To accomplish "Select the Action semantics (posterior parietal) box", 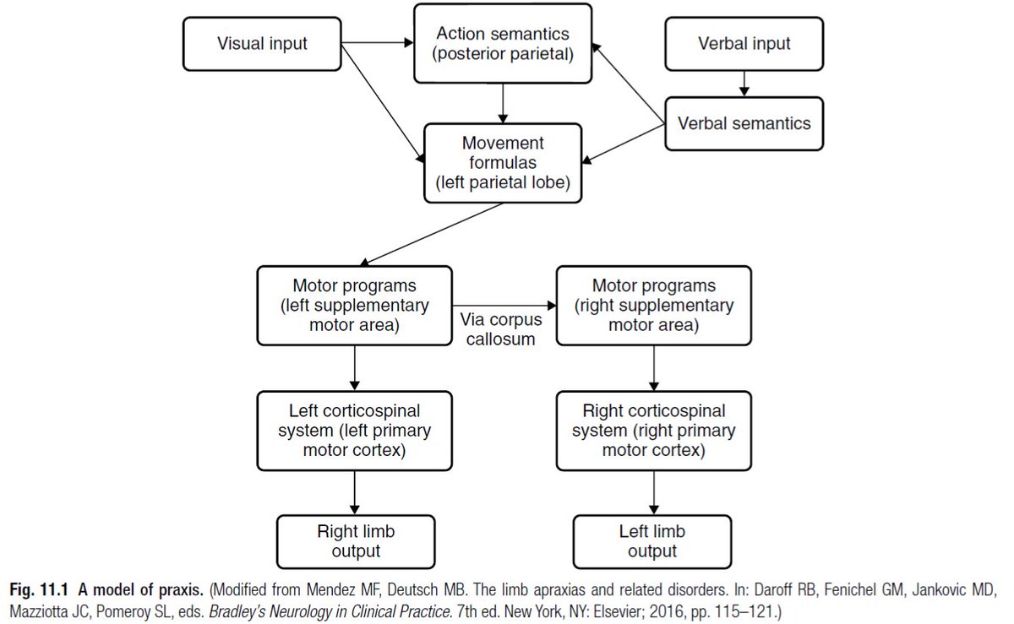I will [504, 45].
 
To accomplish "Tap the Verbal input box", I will [744, 42].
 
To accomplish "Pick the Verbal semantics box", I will [744, 123].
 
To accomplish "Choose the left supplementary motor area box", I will [354, 306].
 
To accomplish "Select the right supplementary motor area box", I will [653, 306].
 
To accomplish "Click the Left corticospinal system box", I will [354, 431].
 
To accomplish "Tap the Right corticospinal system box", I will [653, 431].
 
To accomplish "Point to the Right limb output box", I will [354, 541].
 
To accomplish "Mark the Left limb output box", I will [653, 541].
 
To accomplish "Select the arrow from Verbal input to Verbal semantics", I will [744, 81].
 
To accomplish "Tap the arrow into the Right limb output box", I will [354, 491].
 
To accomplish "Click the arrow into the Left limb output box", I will [653, 491].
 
